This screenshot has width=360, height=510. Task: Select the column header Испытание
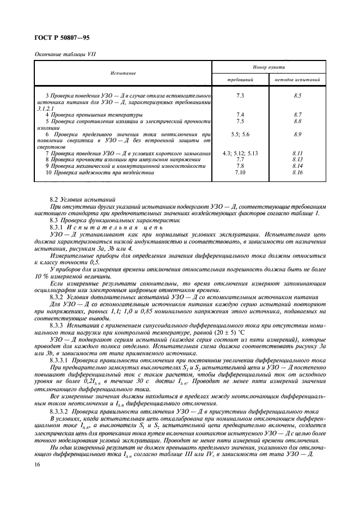[x=123, y=73]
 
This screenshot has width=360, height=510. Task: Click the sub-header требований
[x=240, y=80]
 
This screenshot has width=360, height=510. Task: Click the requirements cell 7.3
[x=240, y=96]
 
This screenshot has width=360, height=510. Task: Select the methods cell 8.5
[x=297, y=96]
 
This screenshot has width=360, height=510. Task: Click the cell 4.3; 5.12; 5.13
[x=240, y=154]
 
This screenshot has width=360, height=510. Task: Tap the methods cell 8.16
[x=297, y=173]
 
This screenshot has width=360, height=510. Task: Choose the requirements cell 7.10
[x=240, y=173]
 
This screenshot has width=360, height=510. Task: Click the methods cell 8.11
[x=297, y=154]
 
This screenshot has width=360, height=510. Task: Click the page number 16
[x=37, y=463]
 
